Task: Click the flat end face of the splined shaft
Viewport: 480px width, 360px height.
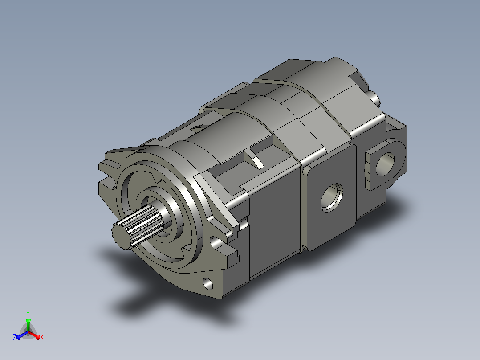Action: (x=122, y=236)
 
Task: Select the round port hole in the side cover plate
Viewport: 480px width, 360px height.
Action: (x=332, y=198)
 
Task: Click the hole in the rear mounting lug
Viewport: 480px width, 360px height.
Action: (x=385, y=164)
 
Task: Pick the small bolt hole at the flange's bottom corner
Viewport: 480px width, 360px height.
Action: (x=207, y=284)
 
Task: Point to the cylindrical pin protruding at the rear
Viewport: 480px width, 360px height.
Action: (x=374, y=98)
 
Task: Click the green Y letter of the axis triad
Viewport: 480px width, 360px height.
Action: (x=28, y=313)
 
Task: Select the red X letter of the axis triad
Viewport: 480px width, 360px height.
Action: (x=42, y=337)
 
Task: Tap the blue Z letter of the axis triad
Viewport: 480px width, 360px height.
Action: (x=14, y=337)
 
